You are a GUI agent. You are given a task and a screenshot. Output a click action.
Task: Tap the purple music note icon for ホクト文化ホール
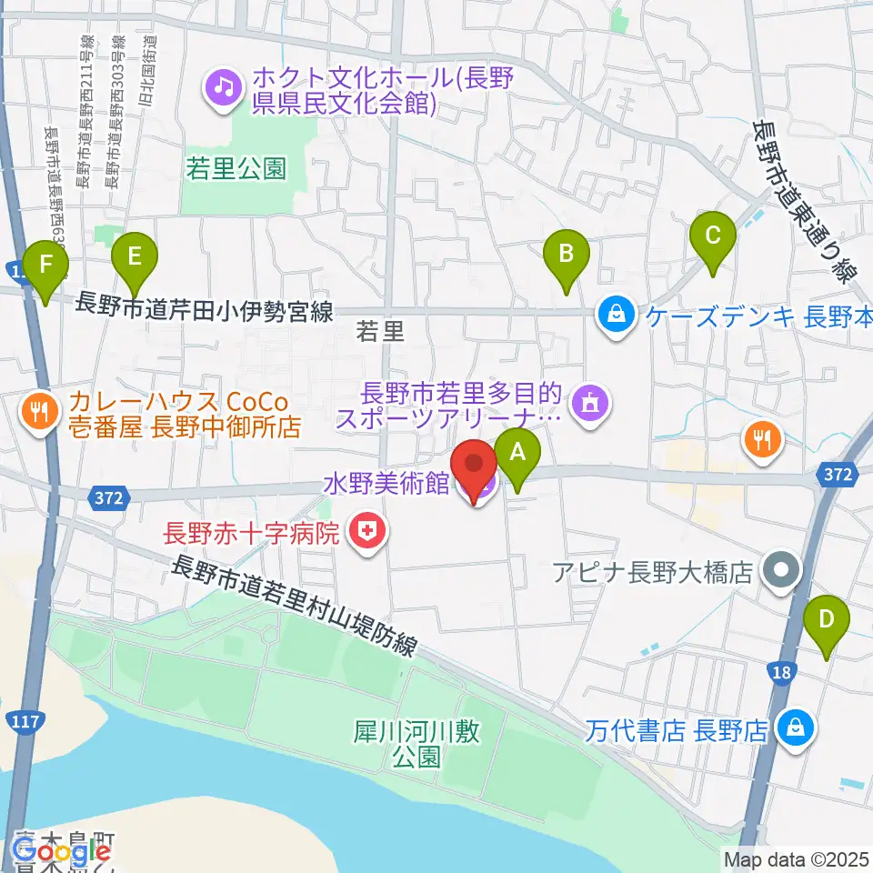click(222, 89)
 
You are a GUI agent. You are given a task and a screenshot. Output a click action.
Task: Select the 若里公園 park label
click(236, 168)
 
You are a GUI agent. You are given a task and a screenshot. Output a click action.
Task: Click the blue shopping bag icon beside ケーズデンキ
click(617, 316)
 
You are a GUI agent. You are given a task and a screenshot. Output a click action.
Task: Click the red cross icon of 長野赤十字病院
click(368, 532)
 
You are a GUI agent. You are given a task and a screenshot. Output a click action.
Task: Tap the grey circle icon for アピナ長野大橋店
click(781, 571)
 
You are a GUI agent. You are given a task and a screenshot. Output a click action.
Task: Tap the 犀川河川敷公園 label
click(417, 743)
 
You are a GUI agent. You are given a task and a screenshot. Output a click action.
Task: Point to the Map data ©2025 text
click(796, 858)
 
